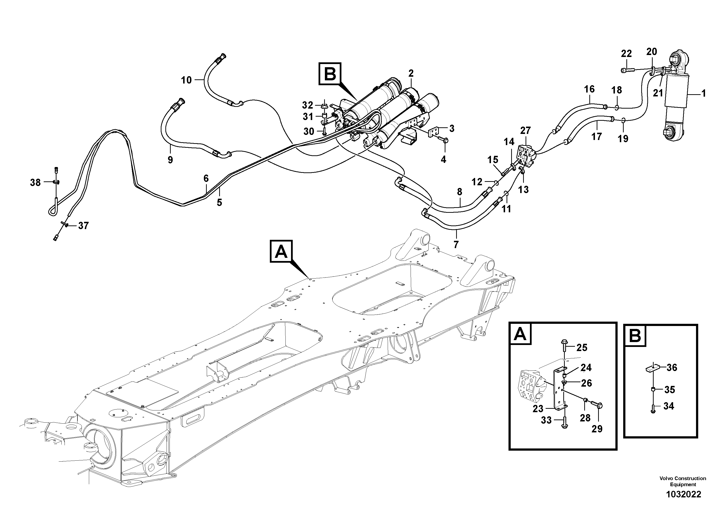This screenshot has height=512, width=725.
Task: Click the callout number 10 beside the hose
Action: (x=186, y=80)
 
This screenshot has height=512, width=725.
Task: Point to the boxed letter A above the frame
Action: (x=281, y=251)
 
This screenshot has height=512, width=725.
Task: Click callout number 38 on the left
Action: (x=35, y=182)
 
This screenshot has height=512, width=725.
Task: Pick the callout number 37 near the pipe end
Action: (x=83, y=225)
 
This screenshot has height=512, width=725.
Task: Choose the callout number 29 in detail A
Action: (x=597, y=429)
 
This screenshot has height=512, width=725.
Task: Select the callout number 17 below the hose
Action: (x=596, y=136)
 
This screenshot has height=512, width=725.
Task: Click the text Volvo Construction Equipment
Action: (x=683, y=481)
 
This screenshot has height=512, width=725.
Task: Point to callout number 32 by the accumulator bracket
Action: (x=307, y=105)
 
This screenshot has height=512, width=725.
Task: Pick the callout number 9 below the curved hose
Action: (x=170, y=160)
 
